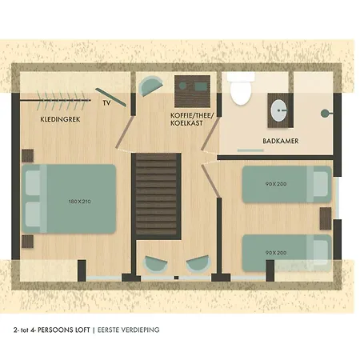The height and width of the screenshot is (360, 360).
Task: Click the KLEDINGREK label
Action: (60, 119)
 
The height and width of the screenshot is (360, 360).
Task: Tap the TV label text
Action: (106, 102)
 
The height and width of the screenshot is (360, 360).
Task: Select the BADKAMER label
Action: (281, 141)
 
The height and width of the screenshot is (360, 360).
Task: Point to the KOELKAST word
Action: (186, 123)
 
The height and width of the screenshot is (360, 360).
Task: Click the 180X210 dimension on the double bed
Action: (79, 202)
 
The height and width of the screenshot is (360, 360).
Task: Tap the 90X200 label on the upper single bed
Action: (276, 184)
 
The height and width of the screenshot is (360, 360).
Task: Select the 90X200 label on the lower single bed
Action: (276, 253)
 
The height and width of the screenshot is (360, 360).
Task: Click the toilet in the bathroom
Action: (241, 89)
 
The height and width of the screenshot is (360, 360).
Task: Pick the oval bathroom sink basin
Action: (279, 110)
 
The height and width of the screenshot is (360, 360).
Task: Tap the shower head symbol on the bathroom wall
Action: (326, 114)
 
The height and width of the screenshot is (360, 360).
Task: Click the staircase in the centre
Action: (156, 196)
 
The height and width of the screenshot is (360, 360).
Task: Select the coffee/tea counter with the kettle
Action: (192, 91)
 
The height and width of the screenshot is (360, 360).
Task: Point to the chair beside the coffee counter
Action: (150, 86)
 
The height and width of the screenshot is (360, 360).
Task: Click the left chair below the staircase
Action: (155, 264)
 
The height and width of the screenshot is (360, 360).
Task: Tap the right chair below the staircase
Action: (198, 263)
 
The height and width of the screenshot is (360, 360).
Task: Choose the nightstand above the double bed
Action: (27, 156)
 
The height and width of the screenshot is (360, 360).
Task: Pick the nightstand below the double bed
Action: (27, 242)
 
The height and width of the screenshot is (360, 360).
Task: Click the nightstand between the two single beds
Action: (326, 218)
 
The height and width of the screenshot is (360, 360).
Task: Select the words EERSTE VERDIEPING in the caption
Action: (129, 330)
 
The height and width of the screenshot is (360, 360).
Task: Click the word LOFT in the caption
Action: (82, 330)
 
